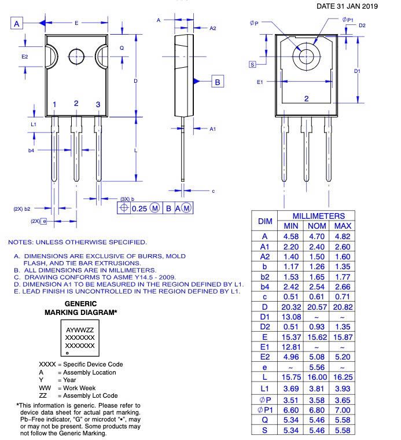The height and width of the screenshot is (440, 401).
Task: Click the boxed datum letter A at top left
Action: coord(17,23)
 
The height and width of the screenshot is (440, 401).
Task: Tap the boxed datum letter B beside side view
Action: coord(217,82)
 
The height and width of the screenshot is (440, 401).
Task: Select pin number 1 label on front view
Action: coord(54,105)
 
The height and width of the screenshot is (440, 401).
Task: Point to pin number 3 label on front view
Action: coord(98,105)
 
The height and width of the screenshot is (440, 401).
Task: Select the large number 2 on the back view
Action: coord(307,98)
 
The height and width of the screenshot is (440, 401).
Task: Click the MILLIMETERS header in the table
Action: coord(318,215)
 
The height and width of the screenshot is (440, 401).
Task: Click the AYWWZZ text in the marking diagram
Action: coord(80,329)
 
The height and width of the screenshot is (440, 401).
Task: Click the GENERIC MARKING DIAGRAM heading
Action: coord(81,308)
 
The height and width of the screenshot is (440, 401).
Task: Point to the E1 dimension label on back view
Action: coord(260,82)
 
